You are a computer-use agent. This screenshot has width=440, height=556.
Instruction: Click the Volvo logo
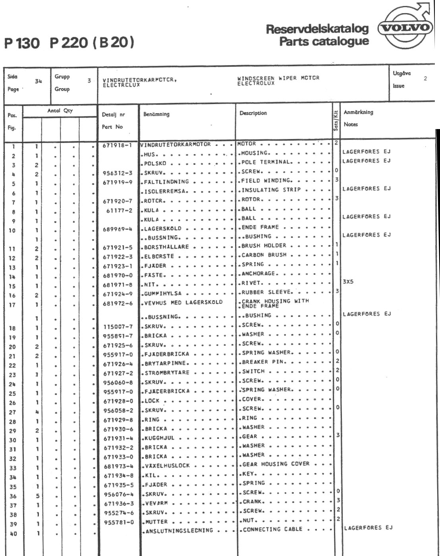(405, 28)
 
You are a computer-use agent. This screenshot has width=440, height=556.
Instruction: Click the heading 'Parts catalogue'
(324, 41)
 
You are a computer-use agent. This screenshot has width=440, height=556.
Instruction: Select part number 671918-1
(117, 145)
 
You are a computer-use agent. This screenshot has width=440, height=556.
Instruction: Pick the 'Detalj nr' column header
(114, 114)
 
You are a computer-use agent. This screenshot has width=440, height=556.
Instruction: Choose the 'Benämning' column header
(156, 114)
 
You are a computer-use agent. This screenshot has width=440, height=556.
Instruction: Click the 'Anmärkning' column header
(358, 112)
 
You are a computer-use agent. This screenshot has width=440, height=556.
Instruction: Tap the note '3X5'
(348, 282)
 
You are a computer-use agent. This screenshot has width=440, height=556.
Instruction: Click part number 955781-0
(118, 522)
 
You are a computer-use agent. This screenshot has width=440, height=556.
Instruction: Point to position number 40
(13, 534)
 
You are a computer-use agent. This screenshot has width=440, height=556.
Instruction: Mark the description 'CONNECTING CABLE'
(272, 529)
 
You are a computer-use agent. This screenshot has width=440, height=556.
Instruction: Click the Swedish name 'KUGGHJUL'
(159, 438)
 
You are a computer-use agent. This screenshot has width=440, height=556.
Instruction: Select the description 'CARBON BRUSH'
(264, 255)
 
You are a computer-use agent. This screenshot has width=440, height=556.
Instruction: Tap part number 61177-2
(119, 210)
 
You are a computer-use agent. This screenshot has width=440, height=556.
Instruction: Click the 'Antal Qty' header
(60, 110)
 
